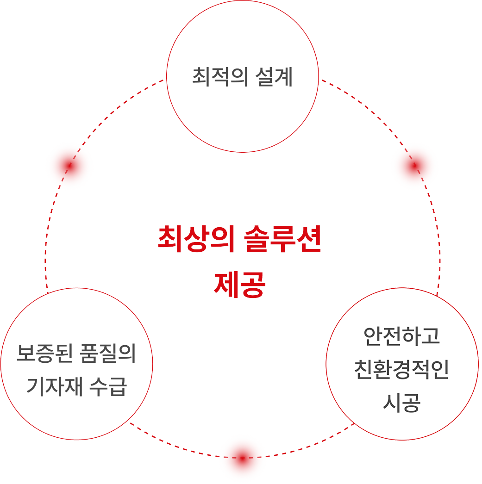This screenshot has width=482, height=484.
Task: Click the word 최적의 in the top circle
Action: [214, 77]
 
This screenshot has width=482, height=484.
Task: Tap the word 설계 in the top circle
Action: [268, 77]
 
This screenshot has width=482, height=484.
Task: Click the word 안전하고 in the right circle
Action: [402, 336]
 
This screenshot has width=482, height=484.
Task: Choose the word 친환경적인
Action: [402, 370]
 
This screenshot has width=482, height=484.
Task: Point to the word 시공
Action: [402, 403]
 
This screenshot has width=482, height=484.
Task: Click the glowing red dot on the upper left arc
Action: [69, 166]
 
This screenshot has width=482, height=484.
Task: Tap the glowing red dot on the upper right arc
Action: [414, 166]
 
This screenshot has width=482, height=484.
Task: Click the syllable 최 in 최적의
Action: [200, 77]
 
